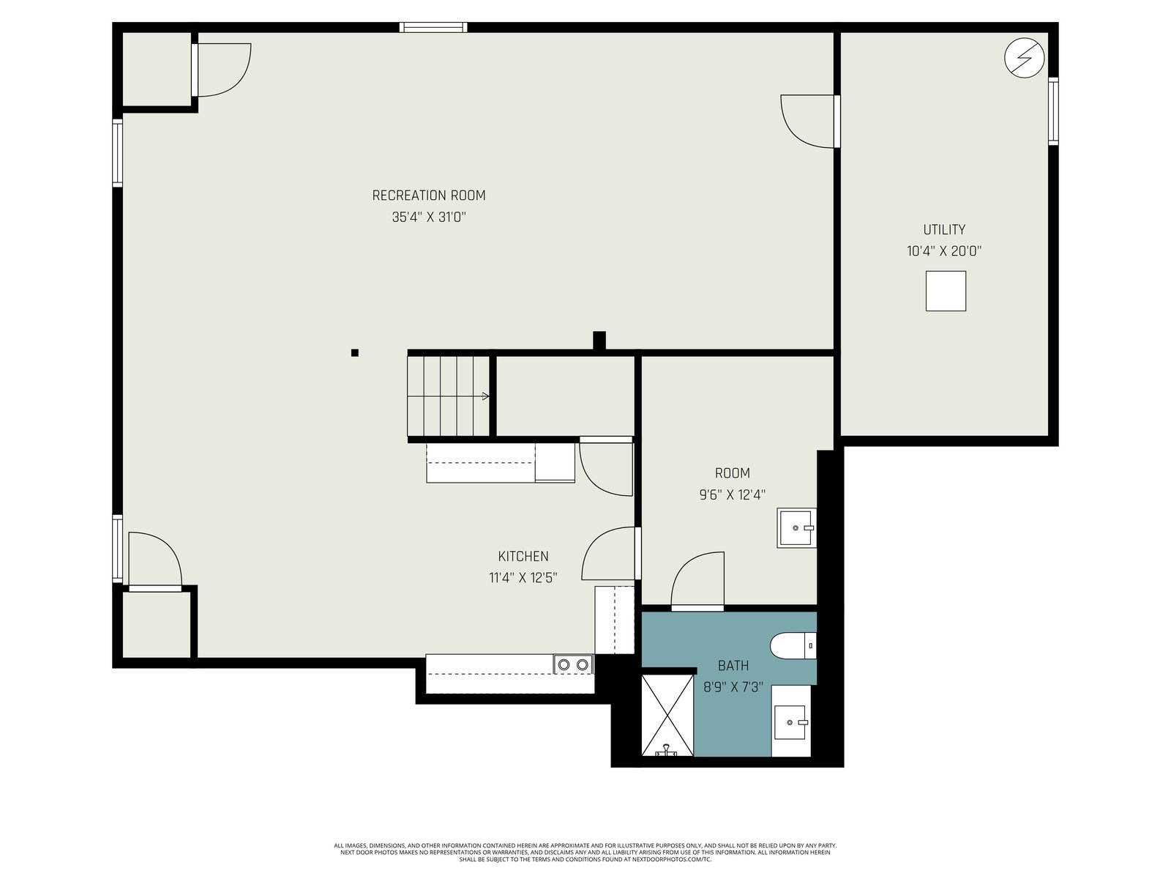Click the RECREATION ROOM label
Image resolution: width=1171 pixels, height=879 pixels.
click(x=428, y=196)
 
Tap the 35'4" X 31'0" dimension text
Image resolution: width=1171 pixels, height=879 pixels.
click(x=429, y=218)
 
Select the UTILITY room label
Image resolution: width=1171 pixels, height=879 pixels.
click(x=943, y=229)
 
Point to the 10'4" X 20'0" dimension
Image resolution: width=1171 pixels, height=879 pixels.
click(x=943, y=251)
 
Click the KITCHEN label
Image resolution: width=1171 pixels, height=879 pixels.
click(x=523, y=556)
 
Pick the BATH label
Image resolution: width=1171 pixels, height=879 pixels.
click(x=733, y=666)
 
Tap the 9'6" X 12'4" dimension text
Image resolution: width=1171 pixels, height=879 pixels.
click(x=732, y=494)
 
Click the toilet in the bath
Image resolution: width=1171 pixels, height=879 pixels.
click(x=793, y=646)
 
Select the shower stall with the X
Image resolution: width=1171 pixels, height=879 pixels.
click(x=667, y=715)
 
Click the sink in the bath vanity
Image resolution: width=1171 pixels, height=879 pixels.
click(x=790, y=722)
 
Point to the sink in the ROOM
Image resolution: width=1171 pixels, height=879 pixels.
click(x=796, y=528)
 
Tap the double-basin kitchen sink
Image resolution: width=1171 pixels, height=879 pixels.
click(x=573, y=664)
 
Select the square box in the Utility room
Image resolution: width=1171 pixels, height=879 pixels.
click(x=946, y=291)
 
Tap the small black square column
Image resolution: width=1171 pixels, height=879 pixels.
click(x=355, y=352)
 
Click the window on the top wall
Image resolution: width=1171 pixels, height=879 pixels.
click(x=433, y=27)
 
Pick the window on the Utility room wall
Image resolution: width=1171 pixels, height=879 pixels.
click(x=1053, y=111)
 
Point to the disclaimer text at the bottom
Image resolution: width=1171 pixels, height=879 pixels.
click(x=585, y=853)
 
